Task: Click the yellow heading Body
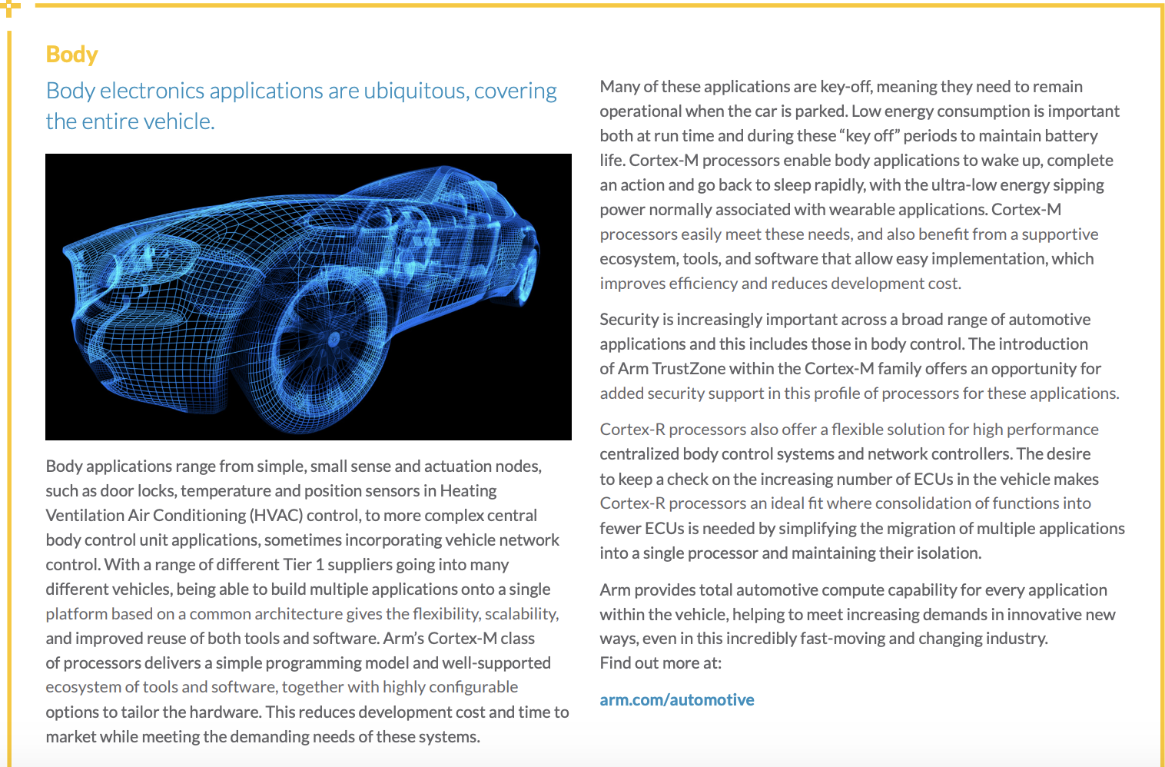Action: pyautogui.click(x=71, y=55)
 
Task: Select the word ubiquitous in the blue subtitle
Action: pyautogui.click(x=415, y=91)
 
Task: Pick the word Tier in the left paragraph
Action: pyautogui.click(x=297, y=565)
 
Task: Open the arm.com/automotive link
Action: pyautogui.click(x=676, y=700)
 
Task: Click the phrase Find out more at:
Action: pyautogui.click(x=660, y=663)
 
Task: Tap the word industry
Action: pyautogui.click(x=1015, y=639)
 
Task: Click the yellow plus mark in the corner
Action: pyautogui.click(x=9, y=8)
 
